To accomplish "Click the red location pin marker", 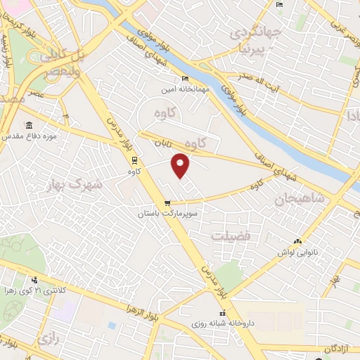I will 181,165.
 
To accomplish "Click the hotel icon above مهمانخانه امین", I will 186,77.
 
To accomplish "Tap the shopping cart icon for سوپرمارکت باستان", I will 167,202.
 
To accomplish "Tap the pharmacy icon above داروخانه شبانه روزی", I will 222,314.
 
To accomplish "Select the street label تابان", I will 161,142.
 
